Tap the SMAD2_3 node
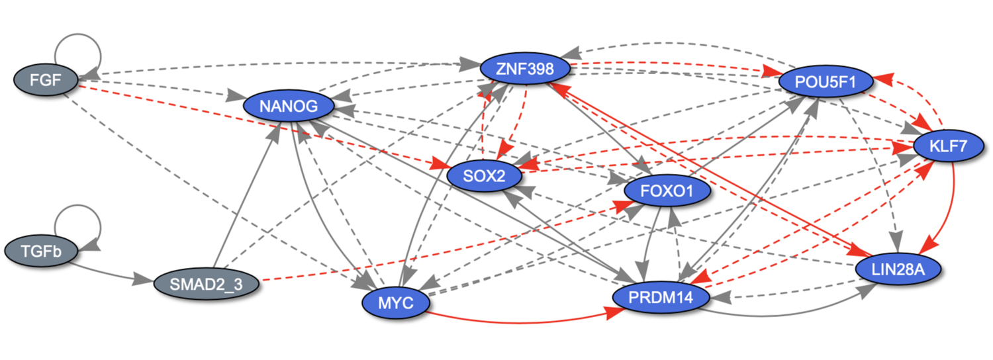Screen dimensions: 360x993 point(208,285)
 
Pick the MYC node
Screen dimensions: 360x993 point(397,303)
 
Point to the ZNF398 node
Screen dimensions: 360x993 point(526,68)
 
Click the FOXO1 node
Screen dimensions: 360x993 point(667,192)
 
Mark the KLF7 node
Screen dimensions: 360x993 point(949,147)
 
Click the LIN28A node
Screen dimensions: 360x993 point(898,269)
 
